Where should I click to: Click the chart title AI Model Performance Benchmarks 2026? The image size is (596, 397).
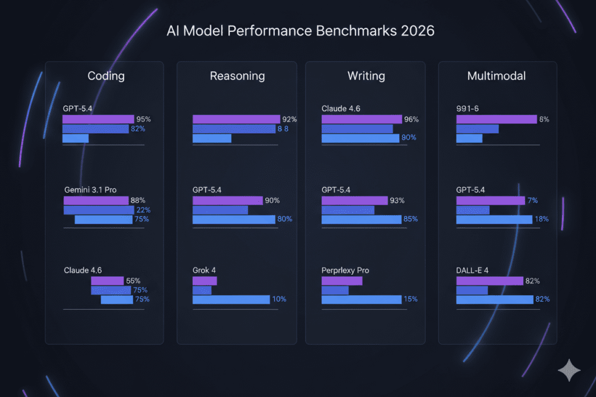298,31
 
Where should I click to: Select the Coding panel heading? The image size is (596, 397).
106,76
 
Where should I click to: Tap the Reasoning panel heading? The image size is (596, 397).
237,76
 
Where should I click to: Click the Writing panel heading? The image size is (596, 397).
366,76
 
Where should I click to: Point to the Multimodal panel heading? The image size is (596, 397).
498,76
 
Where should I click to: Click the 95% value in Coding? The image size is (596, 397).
143,119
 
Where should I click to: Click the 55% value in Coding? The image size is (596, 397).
133,281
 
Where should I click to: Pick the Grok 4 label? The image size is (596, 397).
204,270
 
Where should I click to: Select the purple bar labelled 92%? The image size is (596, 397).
236,119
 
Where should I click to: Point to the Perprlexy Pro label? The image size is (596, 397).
345,270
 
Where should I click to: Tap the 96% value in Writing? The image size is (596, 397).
411,119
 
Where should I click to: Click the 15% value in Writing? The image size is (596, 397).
410,299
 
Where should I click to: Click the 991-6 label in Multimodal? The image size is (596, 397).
468,108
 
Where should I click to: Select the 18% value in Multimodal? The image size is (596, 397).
541,219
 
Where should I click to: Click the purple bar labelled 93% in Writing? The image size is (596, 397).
354,201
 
